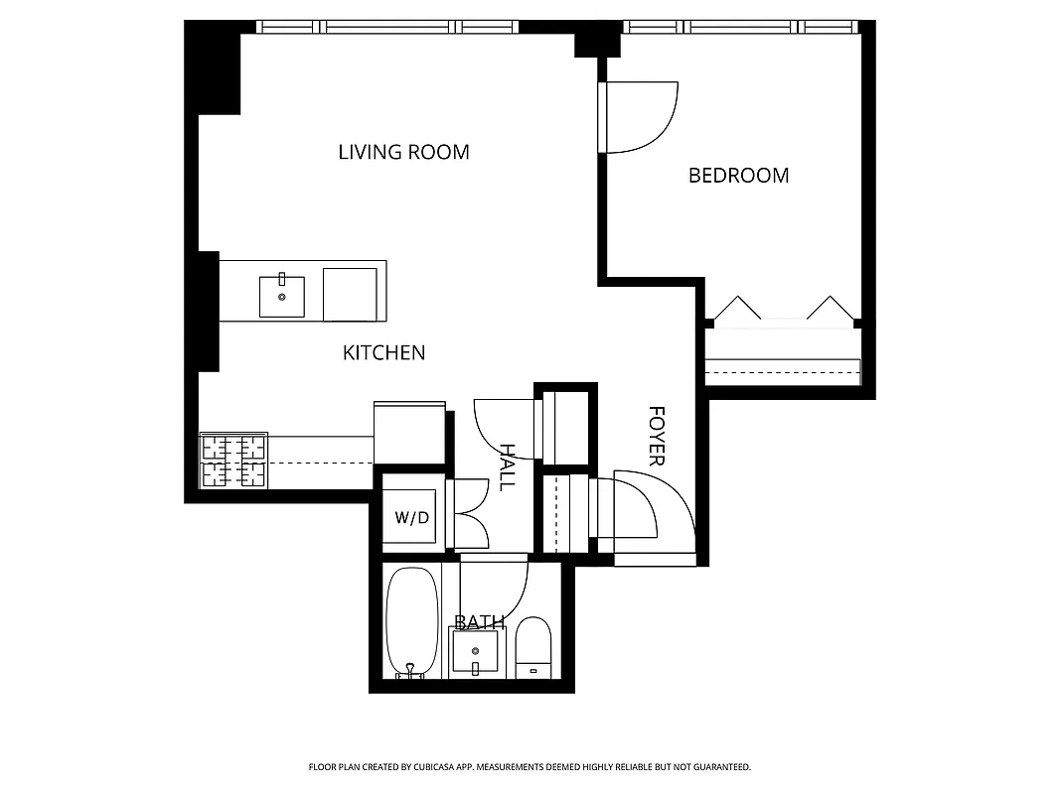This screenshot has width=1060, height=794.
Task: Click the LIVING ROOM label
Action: [x=403, y=152]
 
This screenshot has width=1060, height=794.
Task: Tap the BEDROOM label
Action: [x=738, y=176]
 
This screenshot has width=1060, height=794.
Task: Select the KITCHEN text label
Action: [x=383, y=352]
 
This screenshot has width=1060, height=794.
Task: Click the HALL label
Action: [x=508, y=467]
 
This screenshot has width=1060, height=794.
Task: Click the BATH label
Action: [x=479, y=622]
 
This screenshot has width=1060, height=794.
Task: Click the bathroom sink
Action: [x=474, y=652]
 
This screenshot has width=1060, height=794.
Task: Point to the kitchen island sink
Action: [x=282, y=296]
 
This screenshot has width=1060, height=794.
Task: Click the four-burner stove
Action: [x=234, y=462]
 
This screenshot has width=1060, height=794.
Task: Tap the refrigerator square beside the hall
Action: [x=408, y=432]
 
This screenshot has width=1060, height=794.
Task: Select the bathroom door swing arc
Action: [x=497, y=590]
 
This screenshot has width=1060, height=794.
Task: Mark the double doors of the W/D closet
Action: [x=469, y=514]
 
